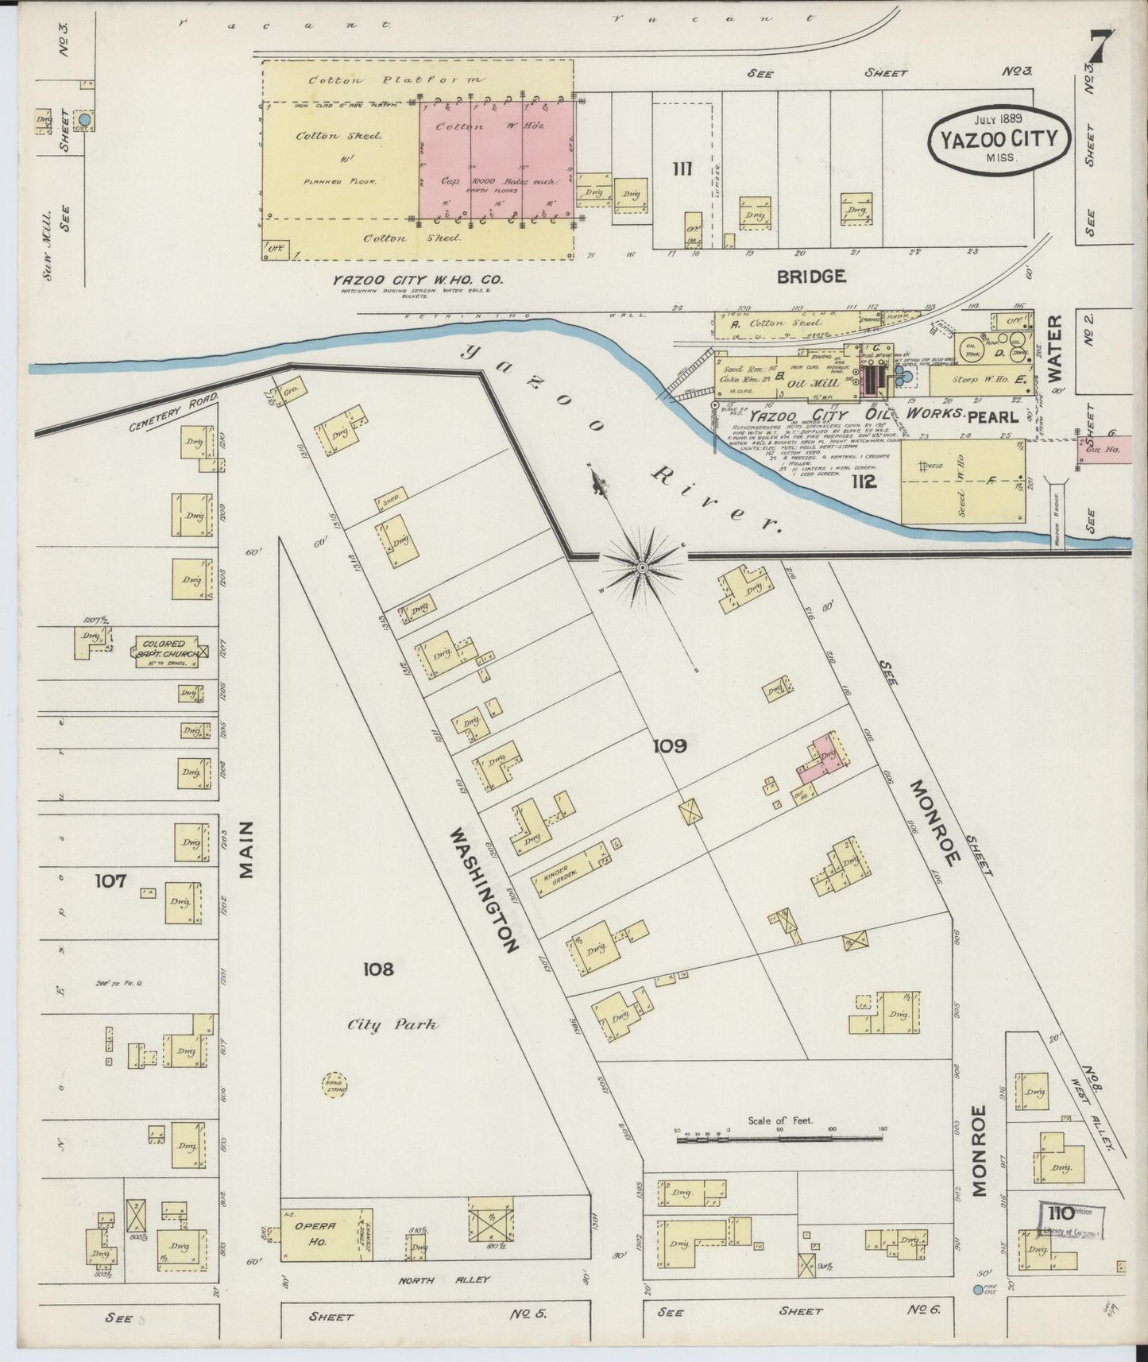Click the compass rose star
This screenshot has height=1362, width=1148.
[x=642, y=567]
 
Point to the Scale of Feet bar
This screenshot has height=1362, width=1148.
[x=779, y=1140]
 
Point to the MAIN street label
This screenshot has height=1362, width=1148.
[x=246, y=850]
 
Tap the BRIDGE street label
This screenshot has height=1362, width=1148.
[x=810, y=277]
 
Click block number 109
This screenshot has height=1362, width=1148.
[x=669, y=746]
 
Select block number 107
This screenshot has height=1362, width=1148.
[x=110, y=880]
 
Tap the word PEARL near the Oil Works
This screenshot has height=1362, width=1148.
[x=993, y=416]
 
